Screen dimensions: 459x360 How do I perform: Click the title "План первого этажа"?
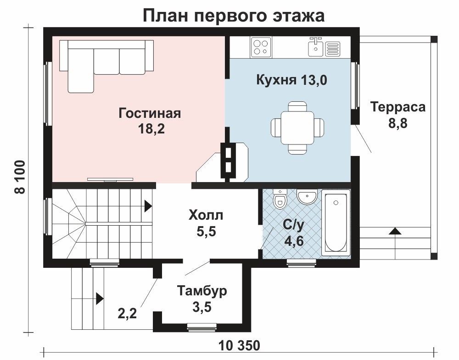234,15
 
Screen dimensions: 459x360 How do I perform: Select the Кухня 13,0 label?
291,80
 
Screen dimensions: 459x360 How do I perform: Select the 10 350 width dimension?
239,345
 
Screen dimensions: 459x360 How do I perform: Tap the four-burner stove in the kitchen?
261,47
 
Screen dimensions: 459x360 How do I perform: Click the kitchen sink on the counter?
316,47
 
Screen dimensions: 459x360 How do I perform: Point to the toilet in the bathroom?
280,199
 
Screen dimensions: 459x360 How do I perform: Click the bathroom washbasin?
307,196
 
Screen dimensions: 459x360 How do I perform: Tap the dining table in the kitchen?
297,127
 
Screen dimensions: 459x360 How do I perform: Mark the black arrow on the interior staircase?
148,206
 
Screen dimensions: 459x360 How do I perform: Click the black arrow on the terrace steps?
395,231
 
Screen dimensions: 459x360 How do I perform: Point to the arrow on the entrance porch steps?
100,299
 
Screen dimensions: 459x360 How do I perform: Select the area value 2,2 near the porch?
127,314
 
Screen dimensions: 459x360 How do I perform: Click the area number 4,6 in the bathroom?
294,242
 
